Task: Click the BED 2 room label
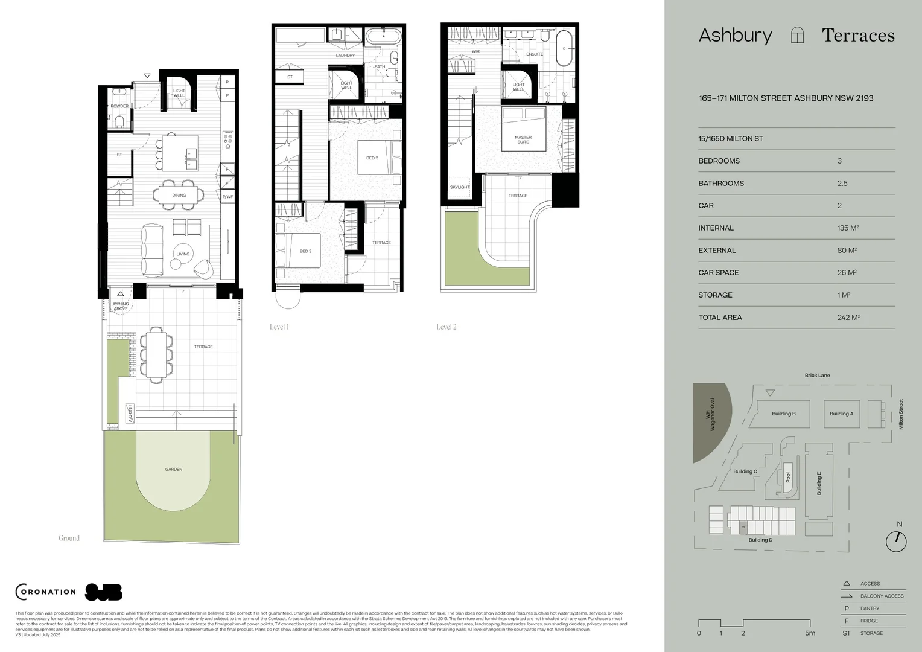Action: tap(372, 158)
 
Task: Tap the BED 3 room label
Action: tap(305, 251)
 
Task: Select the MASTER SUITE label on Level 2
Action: tap(523, 139)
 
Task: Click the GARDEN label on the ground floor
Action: tap(174, 469)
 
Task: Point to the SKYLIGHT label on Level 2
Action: tap(459, 187)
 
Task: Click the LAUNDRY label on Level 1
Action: tap(345, 56)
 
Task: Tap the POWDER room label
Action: tap(119, 106)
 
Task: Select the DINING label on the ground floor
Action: tap(179, 196)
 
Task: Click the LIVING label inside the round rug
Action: tap(183, 254)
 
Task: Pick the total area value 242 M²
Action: tap(848, 318)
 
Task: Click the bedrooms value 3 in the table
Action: tap(839, 161)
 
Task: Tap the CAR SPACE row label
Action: tap(719, 273)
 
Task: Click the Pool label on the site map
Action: tap(787, 477)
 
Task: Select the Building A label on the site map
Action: tap(841, 414)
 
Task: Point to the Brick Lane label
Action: tap(817, 376)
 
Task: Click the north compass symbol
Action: tap(896, 541)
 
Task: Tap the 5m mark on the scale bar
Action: tap(810, 633)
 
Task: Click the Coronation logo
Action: tap(46, 592)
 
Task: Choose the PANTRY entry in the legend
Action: tap(870, 609)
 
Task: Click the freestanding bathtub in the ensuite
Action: tap(566, 48)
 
